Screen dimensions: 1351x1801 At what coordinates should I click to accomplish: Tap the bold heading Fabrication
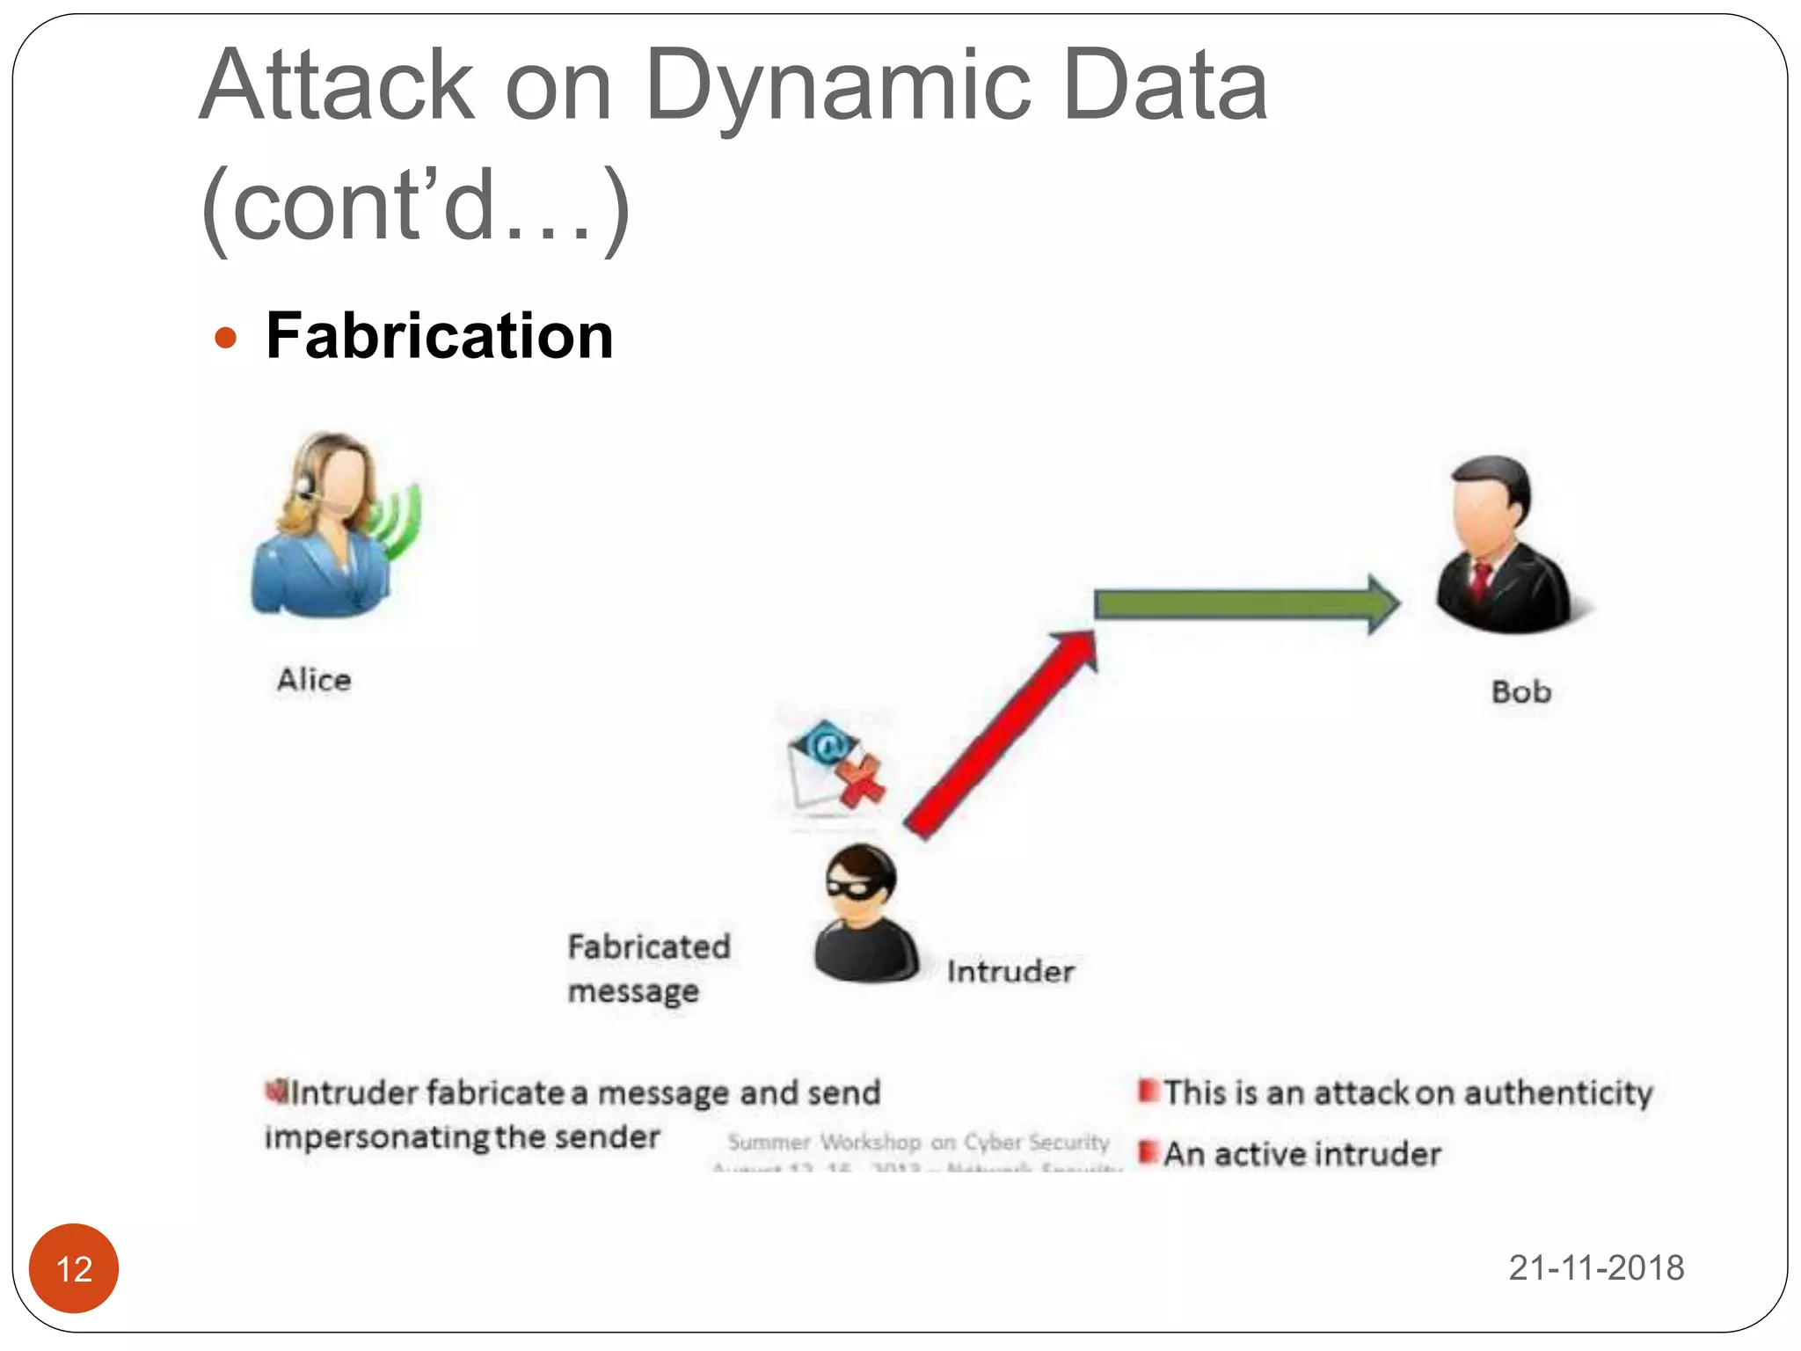point(439,336)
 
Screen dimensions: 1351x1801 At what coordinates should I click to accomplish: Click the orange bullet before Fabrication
point(226,338)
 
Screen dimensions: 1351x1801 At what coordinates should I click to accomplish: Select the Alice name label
point(314,680)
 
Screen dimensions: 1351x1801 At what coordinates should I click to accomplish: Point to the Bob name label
point(1520,692)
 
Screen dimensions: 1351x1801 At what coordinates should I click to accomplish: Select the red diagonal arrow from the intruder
point(1003,734)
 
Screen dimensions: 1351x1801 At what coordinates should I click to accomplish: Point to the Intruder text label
point(1010,972)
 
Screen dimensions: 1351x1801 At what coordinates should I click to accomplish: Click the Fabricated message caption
point(648,968)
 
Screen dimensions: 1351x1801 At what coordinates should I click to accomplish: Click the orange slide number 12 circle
point(74,1268)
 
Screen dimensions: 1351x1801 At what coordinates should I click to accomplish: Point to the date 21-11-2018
point(1596,1268)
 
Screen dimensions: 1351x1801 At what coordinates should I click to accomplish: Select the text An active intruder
point(1302,1154)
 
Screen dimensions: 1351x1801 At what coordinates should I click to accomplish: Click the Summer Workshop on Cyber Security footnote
point(918,1143)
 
